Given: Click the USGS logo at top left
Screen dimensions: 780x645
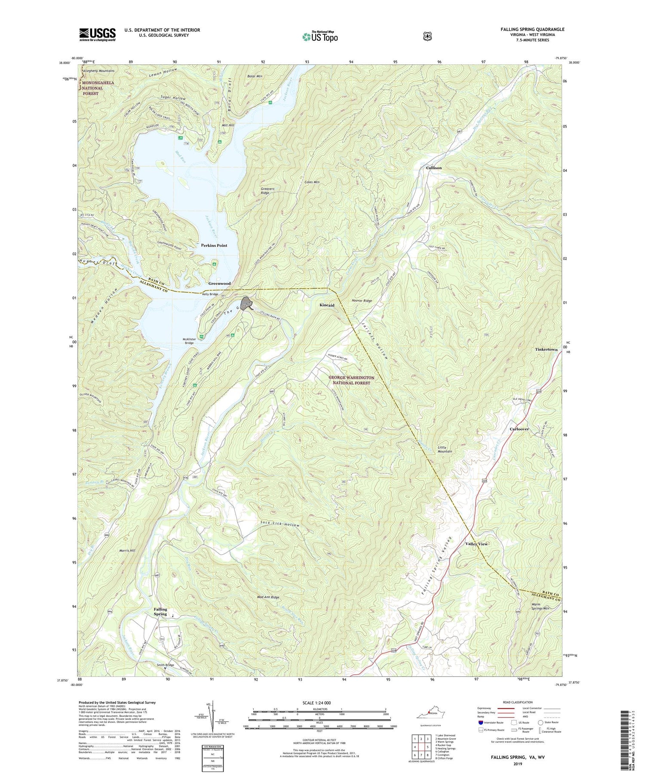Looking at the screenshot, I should click(x=97, y=34).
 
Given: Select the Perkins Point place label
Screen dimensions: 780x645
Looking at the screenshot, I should click(x=214, y=245).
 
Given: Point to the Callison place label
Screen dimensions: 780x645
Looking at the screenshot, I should click(x=434, y=168).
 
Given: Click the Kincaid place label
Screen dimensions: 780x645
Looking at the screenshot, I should click(x=327, y=305).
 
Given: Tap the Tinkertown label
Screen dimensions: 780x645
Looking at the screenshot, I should click(x=546, y=350).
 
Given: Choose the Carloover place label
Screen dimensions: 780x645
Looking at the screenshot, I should click(x=519, y=429).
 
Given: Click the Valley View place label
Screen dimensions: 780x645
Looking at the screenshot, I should click(x=476, y=544).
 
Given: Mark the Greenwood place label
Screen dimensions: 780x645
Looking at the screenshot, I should click(x=219, y=284).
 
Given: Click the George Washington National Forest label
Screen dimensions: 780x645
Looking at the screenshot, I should click(x=351, y=380).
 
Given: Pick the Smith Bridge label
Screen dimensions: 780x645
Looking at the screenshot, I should click(x=166, y=665).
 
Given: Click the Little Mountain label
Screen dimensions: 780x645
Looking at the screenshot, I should click(x=445, y=449).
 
